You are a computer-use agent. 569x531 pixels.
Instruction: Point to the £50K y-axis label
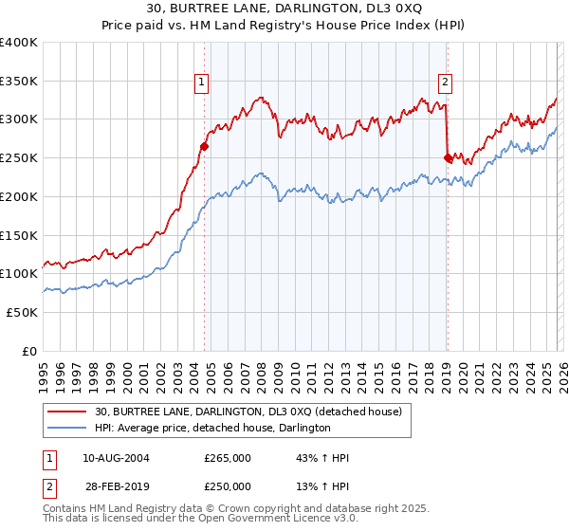[22, 312]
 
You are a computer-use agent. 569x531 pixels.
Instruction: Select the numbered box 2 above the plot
[445, 82]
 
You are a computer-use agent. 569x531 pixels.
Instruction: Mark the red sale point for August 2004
[204, 146]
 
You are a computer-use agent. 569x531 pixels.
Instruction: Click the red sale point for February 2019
[448, 157]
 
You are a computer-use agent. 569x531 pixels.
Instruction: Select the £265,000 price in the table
[227, 458]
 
